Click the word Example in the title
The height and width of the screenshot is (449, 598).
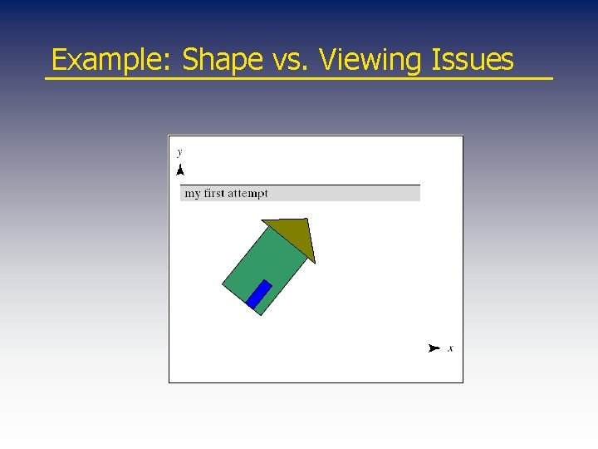(x=110, y=61)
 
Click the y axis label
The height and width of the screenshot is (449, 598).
(x=179, y=152)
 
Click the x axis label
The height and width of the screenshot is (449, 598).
(x=450, y=348)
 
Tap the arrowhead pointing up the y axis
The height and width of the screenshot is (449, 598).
(x=179, y=170)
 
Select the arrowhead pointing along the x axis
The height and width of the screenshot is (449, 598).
(x=433, y=348)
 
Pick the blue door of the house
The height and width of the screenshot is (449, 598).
(x=259, y=294)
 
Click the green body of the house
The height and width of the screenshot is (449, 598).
(x=267, y=266)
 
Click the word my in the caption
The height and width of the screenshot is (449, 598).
(x=192, y=194)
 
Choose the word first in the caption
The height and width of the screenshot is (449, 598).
(x=214, y=193)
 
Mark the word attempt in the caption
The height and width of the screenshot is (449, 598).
(x=248, y=194)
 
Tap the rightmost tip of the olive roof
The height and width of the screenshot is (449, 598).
(x=315, y=262)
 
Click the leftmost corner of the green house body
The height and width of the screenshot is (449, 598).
(x=223, y=284)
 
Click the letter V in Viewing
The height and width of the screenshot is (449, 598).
(x=327, y=60)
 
